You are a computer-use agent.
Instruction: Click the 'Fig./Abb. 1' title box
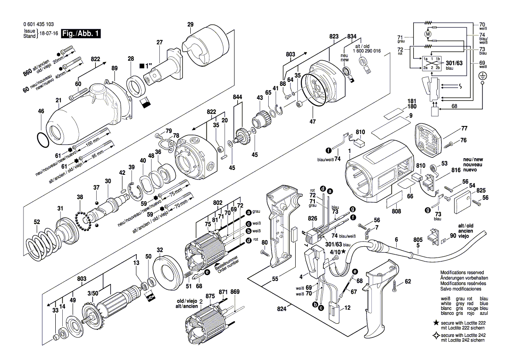coord(81,34)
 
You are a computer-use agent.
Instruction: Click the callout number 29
coord(190,25)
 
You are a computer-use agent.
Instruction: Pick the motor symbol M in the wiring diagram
coord(428,34)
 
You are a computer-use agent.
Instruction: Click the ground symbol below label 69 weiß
coord(482,76)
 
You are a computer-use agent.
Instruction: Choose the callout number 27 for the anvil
coord(159,42)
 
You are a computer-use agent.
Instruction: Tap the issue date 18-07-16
coord(49,34)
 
